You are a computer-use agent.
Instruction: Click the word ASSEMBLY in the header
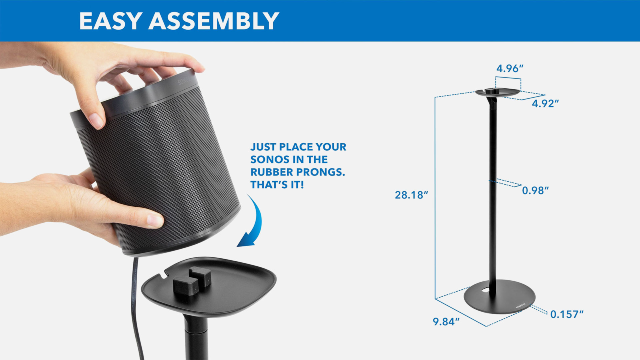click(214, 21)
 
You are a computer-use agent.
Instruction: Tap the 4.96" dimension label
click(510, 68)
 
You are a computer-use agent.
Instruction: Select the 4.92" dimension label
click(545, 104)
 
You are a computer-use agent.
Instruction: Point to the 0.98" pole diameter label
click(536, 190)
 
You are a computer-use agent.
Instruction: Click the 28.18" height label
click(412, 195)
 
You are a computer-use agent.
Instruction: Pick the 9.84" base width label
click(446, 322)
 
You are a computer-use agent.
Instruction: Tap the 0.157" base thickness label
click(567, 314)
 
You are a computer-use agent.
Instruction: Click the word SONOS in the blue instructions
click(268, 160)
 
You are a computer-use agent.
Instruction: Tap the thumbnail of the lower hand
click(154, 220)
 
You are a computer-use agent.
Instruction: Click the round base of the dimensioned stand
click(500, 296)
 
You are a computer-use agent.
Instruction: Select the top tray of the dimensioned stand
click(498, 92)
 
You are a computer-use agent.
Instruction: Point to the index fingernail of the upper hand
click(96, 121)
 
